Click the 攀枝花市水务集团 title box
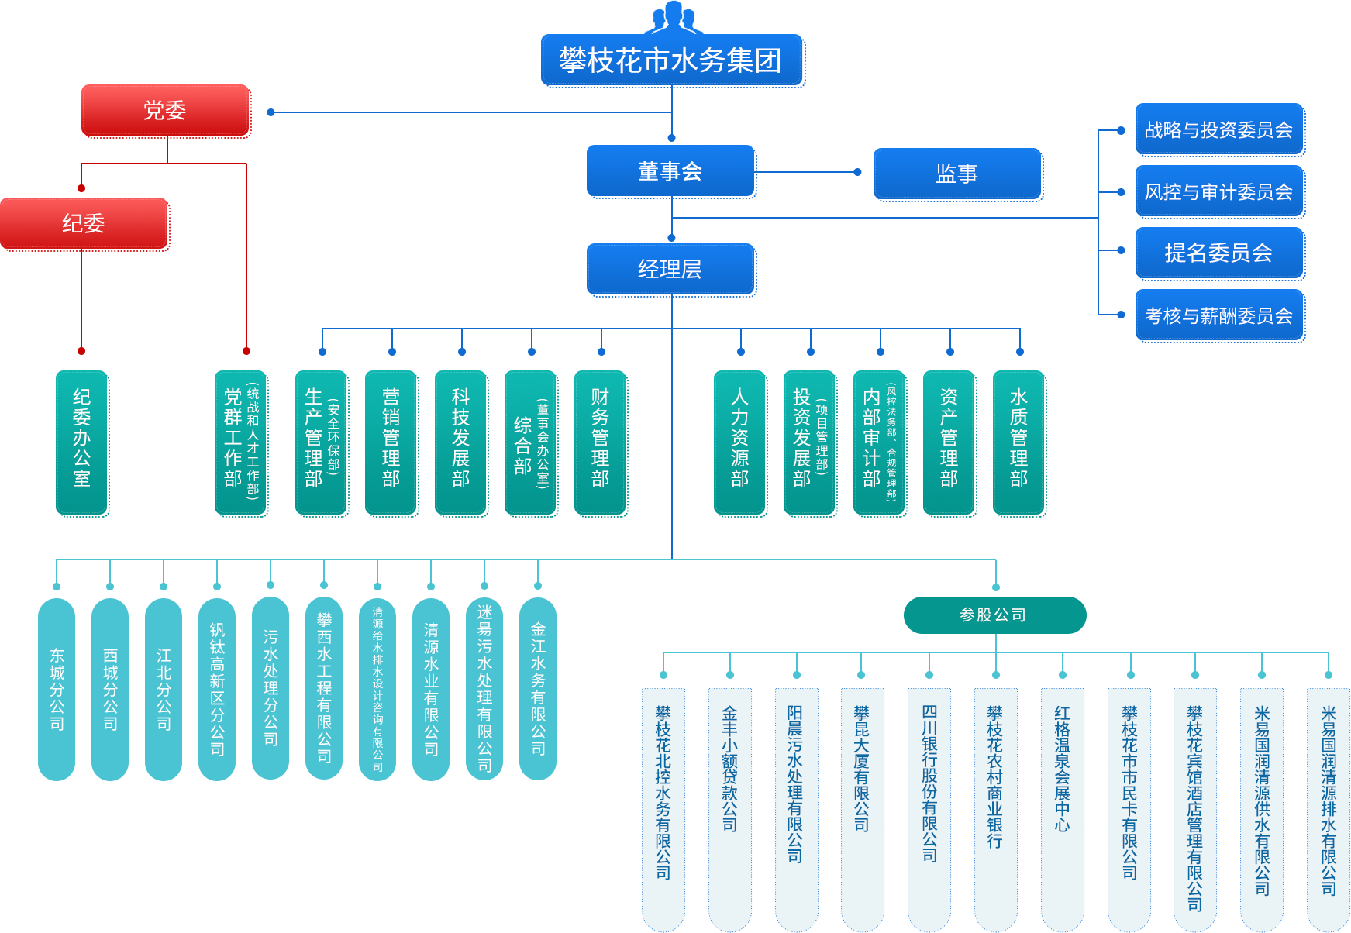(672, 60)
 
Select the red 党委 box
(165, 111)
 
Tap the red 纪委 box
(84, 224)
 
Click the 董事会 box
(670, 171)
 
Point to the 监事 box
(957, 174)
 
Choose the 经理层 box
(670, 270)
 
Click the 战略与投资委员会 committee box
(1218, 129)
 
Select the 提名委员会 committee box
(1218, 253)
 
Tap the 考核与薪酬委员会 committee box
(1218, 315)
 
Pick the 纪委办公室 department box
(82, 442)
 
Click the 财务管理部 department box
(601, 442)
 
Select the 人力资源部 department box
(740, 442)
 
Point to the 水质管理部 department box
(1019, 442)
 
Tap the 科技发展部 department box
(461, 442)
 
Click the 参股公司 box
(994, 615)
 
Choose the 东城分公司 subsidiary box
(57, 689)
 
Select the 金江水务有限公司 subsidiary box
(538, 688)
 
